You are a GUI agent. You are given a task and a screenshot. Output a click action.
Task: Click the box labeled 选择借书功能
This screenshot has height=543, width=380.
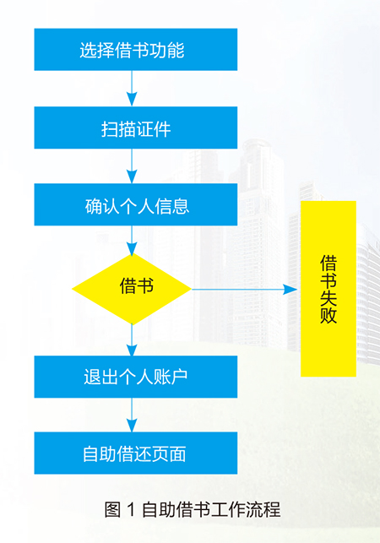point(136,50)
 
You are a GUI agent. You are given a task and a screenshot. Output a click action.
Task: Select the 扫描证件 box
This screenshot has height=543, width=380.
point(136,128)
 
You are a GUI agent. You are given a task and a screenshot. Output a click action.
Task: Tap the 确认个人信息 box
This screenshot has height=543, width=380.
point(136,204)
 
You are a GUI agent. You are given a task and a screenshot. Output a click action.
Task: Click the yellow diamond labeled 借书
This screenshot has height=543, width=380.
point(132,289)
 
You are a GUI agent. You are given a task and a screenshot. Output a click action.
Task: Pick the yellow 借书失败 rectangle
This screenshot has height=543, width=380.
point(328,289)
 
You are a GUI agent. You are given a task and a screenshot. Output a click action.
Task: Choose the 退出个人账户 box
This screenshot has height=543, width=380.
point(136,377)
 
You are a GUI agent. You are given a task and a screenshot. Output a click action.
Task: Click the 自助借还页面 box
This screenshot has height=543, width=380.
point(136,453)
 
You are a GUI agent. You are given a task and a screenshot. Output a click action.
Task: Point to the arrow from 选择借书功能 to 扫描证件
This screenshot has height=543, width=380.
point(132,89)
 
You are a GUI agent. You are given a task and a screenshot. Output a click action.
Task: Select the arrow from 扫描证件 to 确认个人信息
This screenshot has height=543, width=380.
point(132,166)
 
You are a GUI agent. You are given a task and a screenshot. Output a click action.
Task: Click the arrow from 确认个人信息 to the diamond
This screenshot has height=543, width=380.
point(132,241)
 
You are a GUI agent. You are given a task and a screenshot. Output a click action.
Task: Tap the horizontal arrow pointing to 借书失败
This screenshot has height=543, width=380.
point(245,289)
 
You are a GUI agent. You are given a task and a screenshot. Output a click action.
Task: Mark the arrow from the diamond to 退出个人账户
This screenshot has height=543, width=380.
point(132,339)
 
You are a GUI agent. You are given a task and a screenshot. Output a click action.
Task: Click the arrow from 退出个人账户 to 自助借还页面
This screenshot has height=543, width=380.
point(132,415)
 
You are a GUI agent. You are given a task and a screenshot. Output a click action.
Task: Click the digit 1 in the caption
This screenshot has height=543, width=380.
point(131,510)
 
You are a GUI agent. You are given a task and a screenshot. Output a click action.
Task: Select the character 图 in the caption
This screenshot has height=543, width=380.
point(112,510)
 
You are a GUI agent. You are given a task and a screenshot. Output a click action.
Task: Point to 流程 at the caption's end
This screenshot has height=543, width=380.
point(263,510)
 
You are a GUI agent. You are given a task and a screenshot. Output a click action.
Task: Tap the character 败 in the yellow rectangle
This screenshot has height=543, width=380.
point(328,315)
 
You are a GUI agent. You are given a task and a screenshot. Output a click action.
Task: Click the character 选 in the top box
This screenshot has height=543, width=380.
point(89,50)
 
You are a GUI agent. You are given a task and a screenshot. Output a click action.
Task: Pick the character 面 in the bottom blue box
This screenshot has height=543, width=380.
point(177,453)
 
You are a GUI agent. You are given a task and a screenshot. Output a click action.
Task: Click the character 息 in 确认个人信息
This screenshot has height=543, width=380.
point(181,206)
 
